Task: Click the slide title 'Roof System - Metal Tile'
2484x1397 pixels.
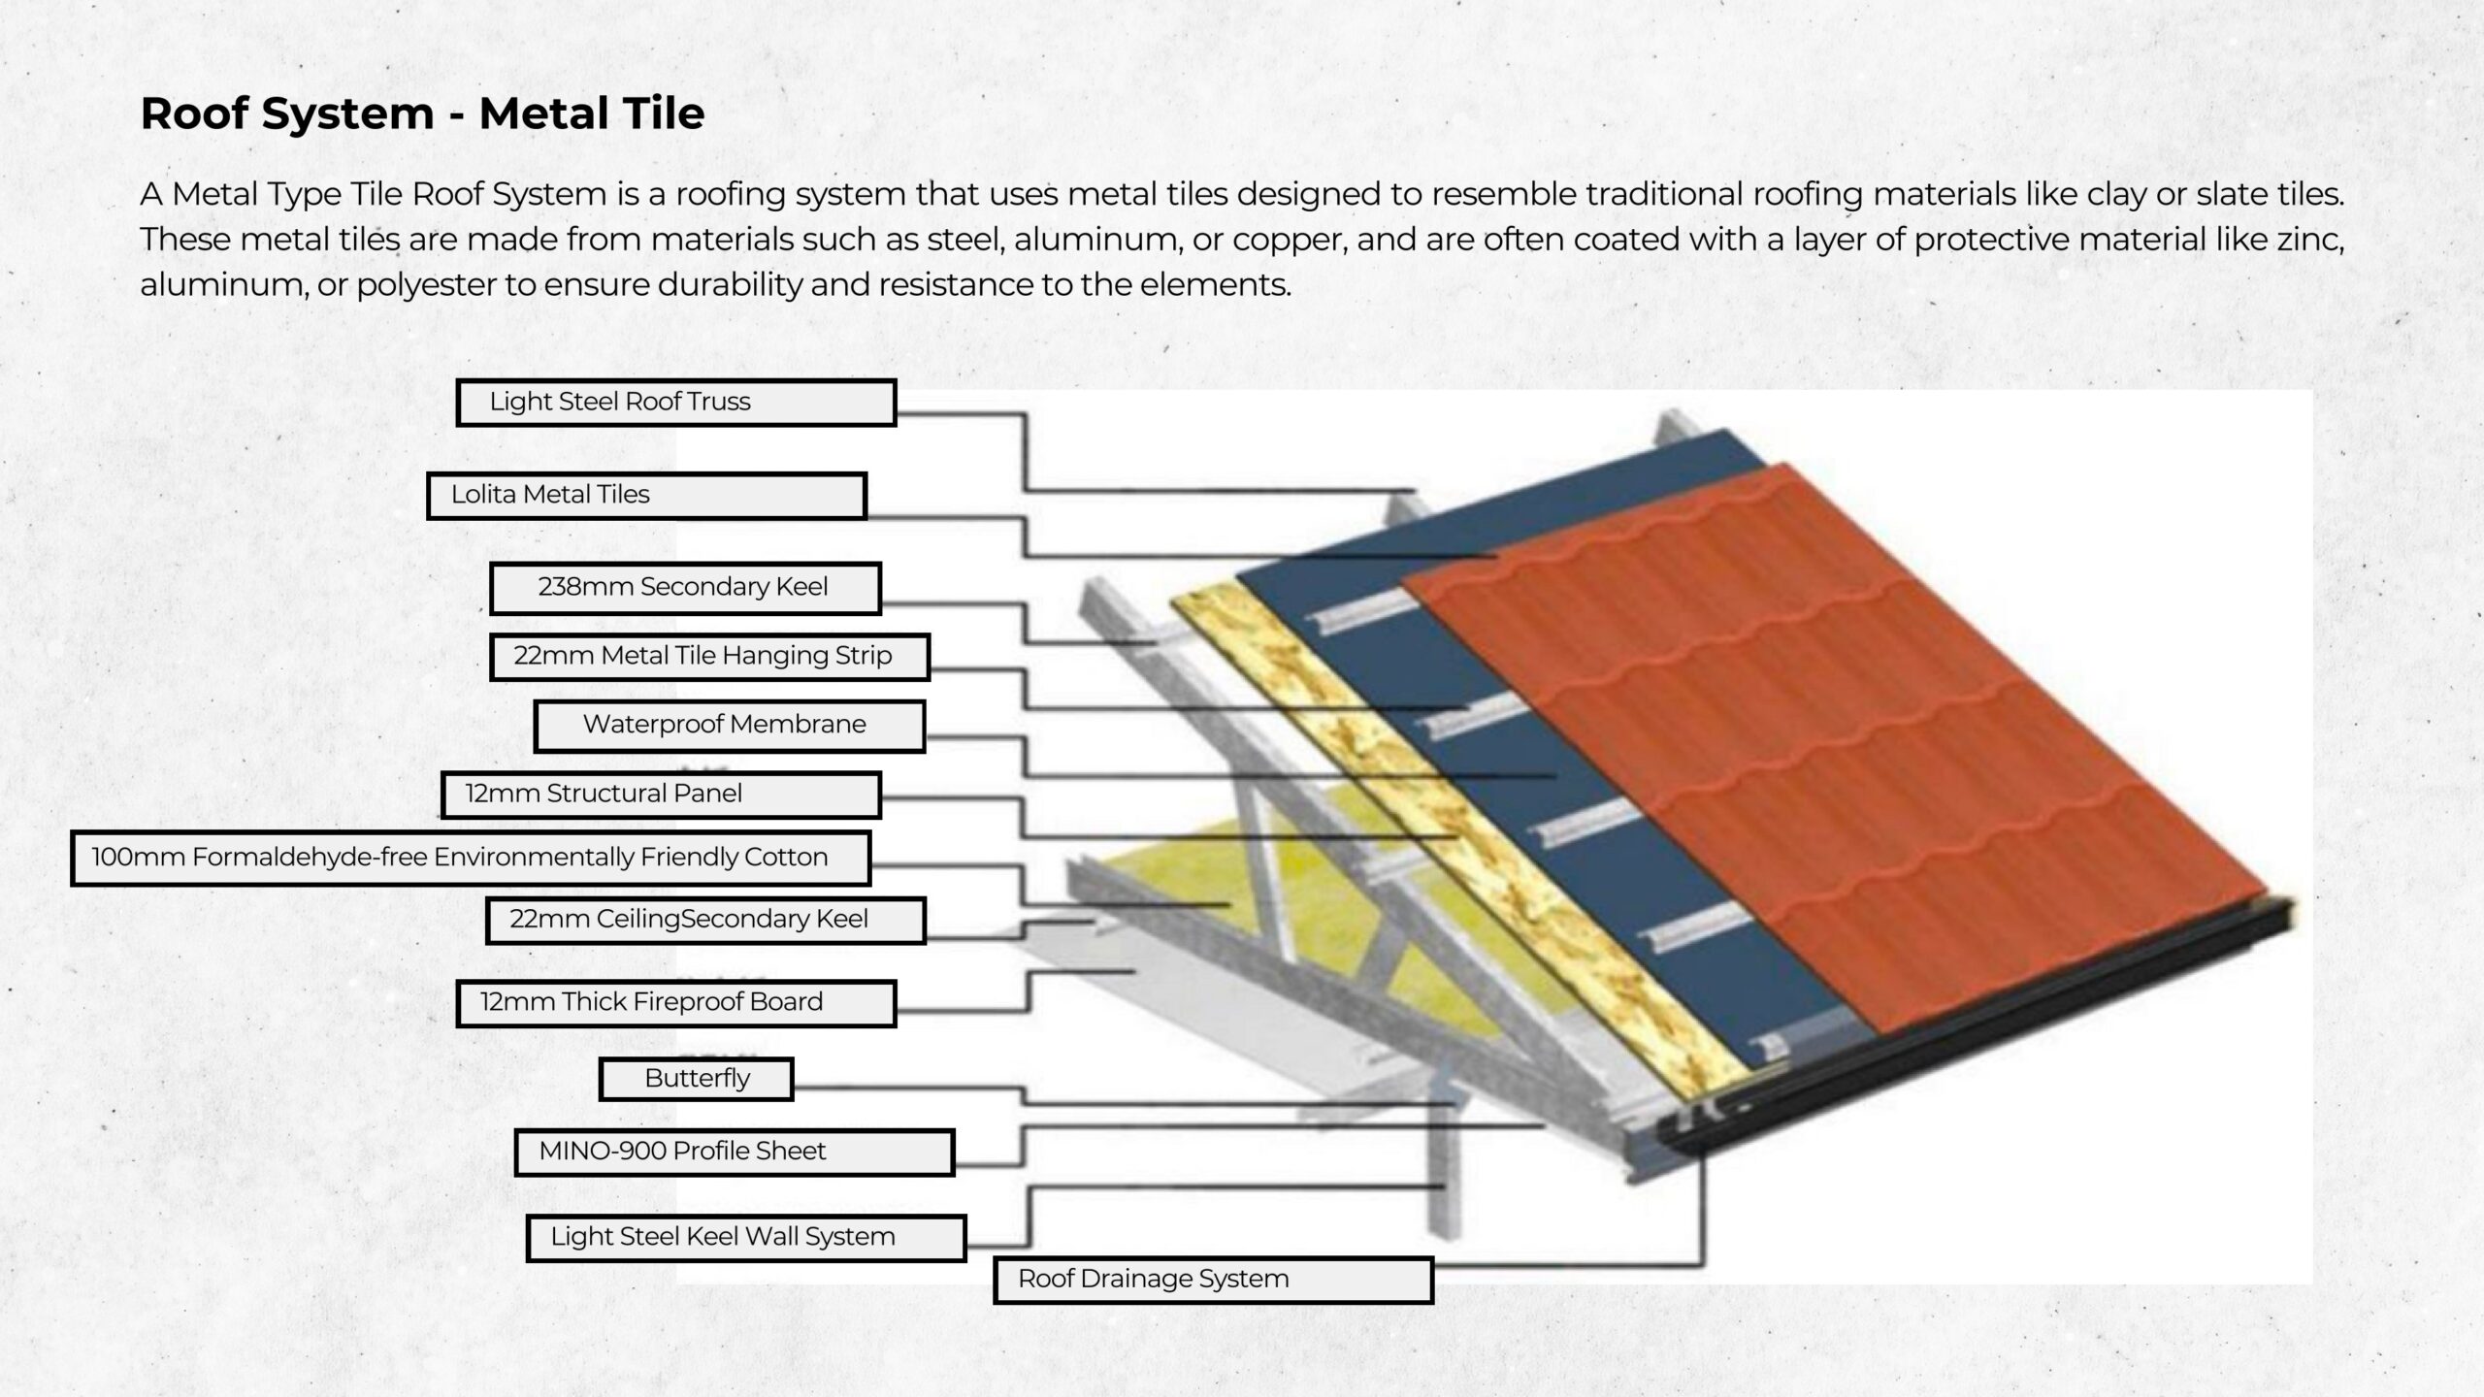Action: [x=422, y=114]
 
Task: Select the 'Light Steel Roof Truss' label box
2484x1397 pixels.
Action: [x=675, y=403]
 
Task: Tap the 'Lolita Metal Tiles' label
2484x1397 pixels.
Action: [x=646, y=496]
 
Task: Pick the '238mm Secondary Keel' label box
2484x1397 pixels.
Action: [x=685, y=588]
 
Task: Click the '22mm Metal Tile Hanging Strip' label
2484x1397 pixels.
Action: [x=709, y=657]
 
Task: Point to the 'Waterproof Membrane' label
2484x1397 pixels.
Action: [x=729, y=726]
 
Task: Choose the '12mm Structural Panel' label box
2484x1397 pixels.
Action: [x=660, y=795]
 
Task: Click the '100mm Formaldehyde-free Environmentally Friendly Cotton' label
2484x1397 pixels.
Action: [x=471, y=859]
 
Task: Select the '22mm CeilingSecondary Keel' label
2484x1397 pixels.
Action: [x=705, y=920]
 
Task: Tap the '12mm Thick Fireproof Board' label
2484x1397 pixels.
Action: [x=675, y=1003]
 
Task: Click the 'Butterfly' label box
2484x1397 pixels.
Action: [x=696, y=1079]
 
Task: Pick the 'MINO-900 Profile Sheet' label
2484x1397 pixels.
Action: [x=735, y=1153]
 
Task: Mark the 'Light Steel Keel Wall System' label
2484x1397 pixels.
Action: [x=746, y=1238]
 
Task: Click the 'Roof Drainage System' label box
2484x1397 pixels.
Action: [x=1213, y=1280]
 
